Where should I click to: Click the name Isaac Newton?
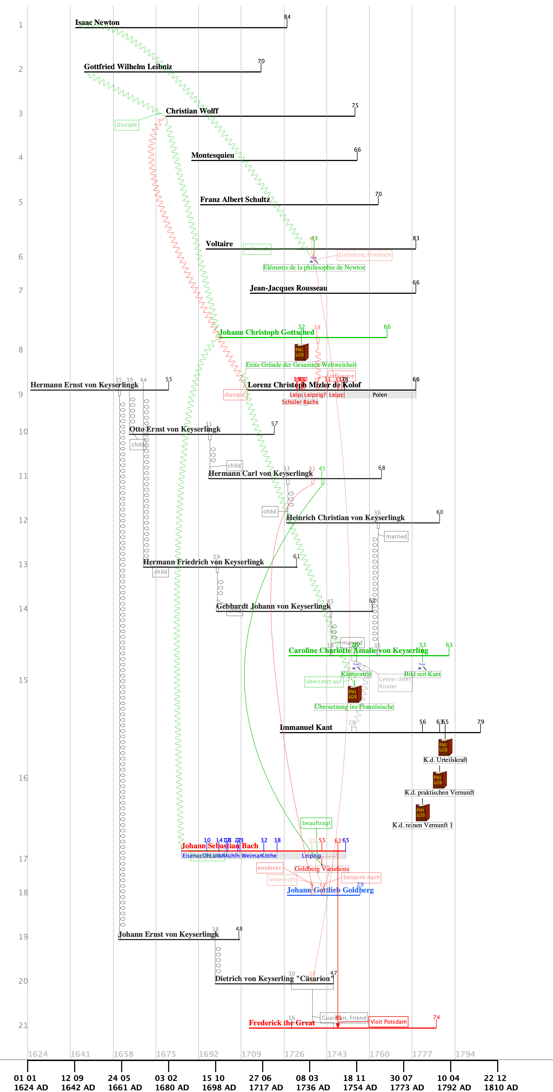pyautogui.click(x=97, y=22)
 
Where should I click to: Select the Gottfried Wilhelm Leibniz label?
pyautogui.click(x=128, y=67)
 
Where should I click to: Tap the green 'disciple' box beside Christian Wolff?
pyautogui.click(x=127, y=124)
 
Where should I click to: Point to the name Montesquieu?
pyautogui.click(x=213, y=155)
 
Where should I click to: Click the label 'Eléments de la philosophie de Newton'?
pyautogui.click(x=314, y=268)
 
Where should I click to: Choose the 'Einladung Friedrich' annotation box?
pyautogui.click(x=364, y=255)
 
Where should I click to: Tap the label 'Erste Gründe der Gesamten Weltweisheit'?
pyautogui.click(x=301, y=365)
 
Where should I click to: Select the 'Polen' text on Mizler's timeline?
pyautogui.click(x=380, y=395)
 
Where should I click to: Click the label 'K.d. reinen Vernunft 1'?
pyautogui.click(x=422, y=825)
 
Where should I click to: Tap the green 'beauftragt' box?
pyautogui.click(x=316, y=823)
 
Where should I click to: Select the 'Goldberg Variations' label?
pyautogui.click(x=322, y=869)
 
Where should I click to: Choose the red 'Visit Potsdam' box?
pyautogui.click(x=388, y=1022)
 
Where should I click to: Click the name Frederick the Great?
pyautogui.click(x=281, y=1023)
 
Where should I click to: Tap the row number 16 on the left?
pyautogui.click(x=23, y=778)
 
